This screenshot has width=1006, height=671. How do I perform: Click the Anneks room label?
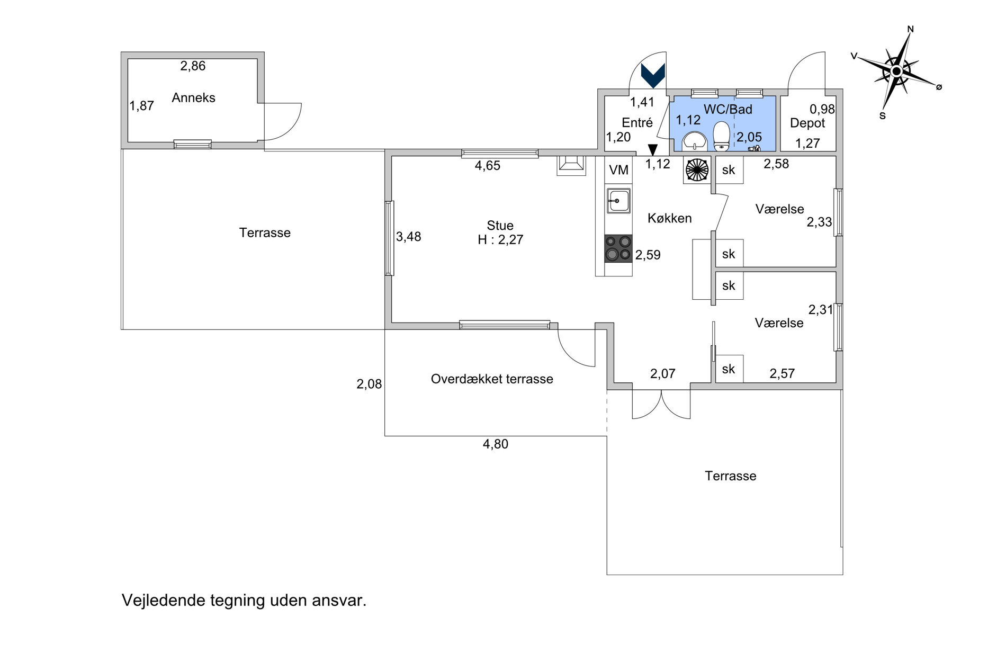[x=193, y=98]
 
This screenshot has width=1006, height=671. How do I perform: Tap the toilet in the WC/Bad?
[x=721, y=136]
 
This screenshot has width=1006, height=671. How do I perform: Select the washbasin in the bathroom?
[x=694, y=141]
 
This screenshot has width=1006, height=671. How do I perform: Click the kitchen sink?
[x=618, y=201]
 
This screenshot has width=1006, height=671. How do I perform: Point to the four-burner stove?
[x=618, y=248]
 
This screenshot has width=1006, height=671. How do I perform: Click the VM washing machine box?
[x=618, y=170]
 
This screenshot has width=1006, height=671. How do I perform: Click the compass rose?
[x=896, y=71]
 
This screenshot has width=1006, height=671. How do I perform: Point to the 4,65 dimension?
[x=487, y=166]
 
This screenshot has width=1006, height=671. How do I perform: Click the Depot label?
[x=807, y=123]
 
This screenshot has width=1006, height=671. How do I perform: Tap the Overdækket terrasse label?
[x=492, y=379]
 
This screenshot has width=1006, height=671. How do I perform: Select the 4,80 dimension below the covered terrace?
[x=496, y=444]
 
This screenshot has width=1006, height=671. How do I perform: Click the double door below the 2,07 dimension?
[x=661, y=405]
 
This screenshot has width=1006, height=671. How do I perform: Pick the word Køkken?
[x=670, y=218]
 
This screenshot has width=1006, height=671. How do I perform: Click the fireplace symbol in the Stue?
[x=571, y=165]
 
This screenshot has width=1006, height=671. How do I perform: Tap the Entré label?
[x=637, y=123]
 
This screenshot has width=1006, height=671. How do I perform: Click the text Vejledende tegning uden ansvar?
[x=244, y=601]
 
